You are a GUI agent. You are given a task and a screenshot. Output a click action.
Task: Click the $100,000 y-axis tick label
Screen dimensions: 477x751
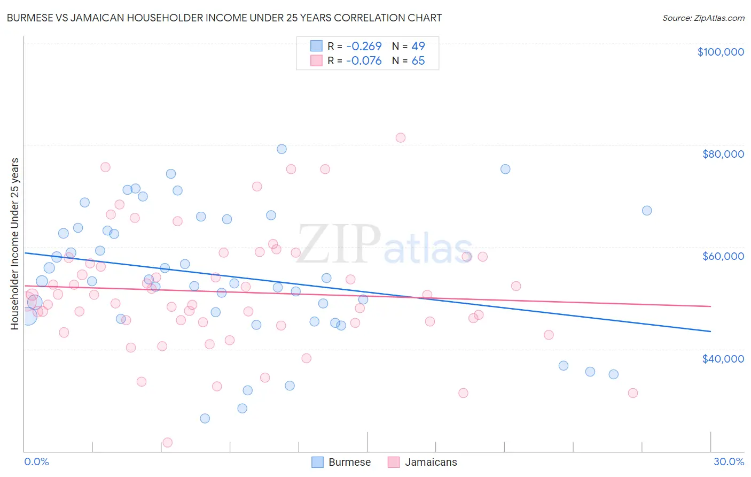pos(721,52)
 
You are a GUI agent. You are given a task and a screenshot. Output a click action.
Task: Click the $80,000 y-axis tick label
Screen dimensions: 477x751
pos(723,154)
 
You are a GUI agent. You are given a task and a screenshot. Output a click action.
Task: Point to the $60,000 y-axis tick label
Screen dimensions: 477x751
pos(723,256)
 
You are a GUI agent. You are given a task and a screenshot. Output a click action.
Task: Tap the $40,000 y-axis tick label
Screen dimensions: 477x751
pos(723,359)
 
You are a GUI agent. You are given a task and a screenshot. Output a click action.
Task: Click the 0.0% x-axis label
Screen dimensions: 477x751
pos(36,462)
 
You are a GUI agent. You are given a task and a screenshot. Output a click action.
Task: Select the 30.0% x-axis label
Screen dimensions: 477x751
pos(729,462)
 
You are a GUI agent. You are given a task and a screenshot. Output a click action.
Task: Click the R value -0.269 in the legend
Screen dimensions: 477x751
pos(364,47)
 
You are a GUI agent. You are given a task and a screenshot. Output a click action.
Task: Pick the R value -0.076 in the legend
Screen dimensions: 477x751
pos(364,61)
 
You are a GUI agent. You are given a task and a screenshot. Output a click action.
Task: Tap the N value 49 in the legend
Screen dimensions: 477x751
pos(418,47)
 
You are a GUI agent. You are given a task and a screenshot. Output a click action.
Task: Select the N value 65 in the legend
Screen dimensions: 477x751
pos(418,61)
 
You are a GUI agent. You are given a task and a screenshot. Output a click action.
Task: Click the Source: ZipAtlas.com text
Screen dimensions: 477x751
pos(703,18)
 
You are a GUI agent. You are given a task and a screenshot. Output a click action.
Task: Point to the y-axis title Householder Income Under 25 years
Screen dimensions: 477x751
pos(14,243)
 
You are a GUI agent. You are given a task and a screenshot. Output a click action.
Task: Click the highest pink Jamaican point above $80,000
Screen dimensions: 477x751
pos(401,138)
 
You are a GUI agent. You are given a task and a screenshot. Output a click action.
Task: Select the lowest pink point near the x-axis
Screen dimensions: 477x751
pos(167,443)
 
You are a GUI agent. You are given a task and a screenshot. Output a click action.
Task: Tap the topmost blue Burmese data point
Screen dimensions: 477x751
pos(281,149)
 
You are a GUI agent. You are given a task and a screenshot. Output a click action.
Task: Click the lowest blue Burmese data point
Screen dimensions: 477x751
pos(205,419)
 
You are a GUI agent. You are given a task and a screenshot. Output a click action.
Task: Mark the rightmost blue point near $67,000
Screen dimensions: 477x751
pos(647,211)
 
